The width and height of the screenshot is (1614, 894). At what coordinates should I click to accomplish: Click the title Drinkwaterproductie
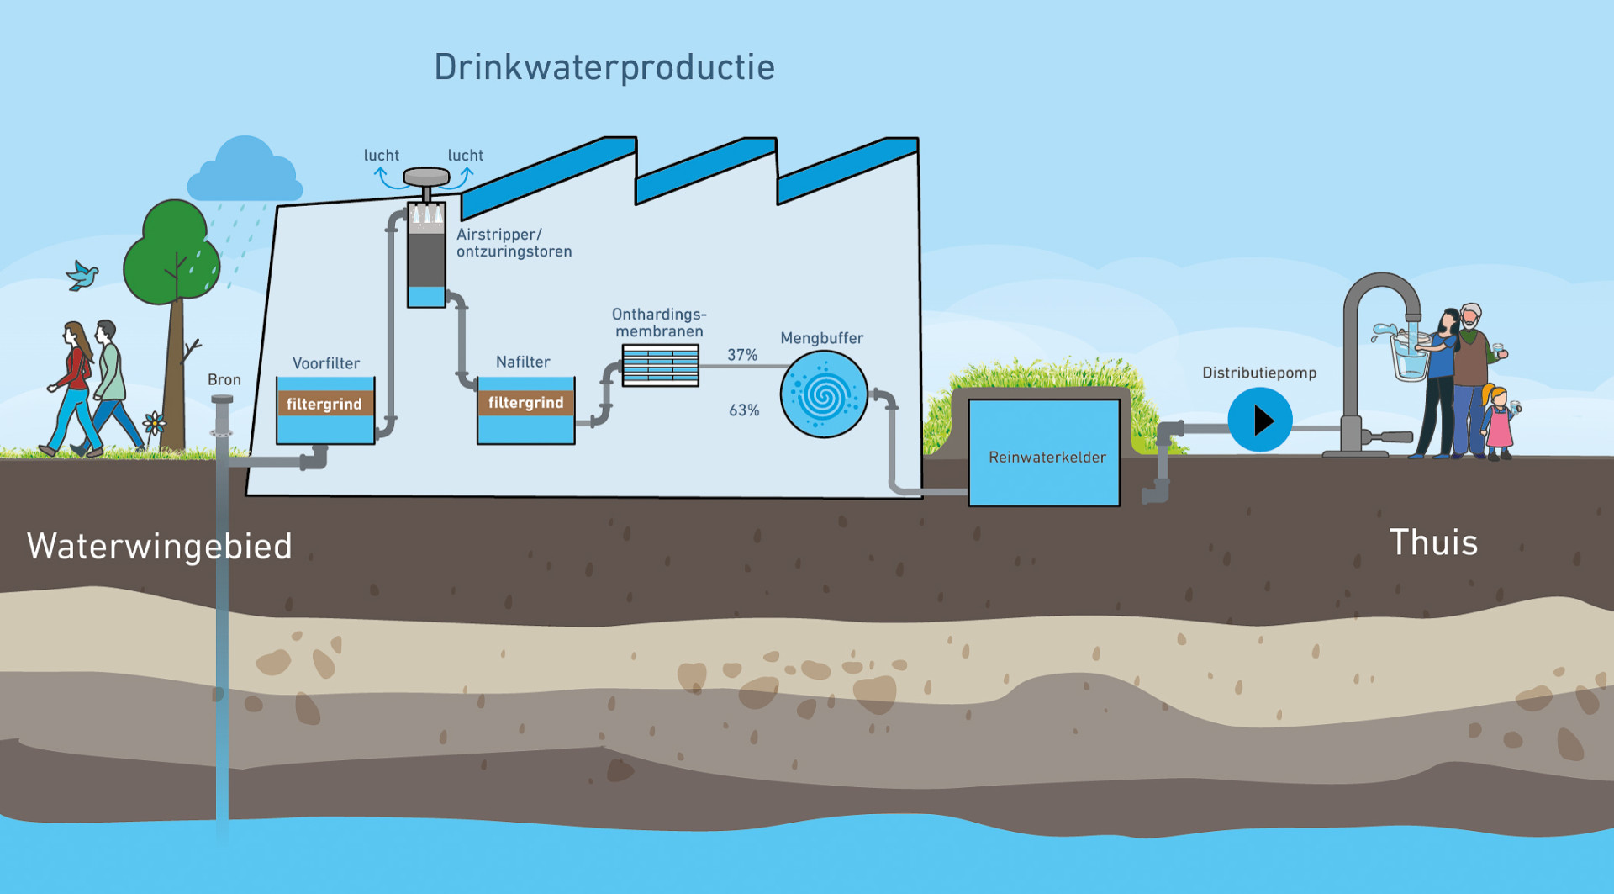click(604, 68)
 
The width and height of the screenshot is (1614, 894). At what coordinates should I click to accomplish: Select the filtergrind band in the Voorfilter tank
click(325, 404)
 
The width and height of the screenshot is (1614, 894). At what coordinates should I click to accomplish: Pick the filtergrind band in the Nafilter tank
click(526, 403)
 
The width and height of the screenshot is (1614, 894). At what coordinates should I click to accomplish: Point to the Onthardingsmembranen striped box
click(661, 365)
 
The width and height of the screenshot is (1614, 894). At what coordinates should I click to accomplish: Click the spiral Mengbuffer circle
click(824, 394)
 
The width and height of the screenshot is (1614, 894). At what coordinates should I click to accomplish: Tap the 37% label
click(742, 355)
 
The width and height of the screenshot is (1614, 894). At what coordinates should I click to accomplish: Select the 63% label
click(744, 410)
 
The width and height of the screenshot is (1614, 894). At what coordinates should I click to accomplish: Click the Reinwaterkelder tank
click(1044, 452)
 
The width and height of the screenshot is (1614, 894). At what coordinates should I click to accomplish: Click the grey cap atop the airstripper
click(427, 177)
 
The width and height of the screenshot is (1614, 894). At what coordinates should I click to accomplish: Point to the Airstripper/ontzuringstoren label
click(514, 243)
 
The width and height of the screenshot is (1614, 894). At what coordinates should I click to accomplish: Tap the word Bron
click(224, 380)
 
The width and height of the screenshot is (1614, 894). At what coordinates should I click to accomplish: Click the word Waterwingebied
click(160, 547)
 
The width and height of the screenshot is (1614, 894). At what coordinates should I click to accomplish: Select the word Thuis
click(1433, 542)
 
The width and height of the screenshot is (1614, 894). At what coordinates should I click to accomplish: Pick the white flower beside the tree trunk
click(155, 423)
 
